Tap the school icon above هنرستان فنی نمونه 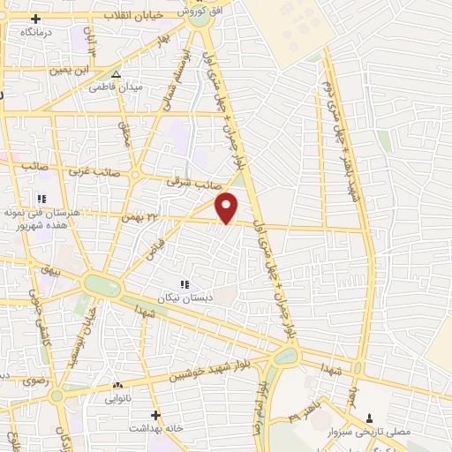pos(41,200)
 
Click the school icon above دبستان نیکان pos(185,284)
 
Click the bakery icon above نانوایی pos(117,385)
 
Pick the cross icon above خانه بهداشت pos(156,415)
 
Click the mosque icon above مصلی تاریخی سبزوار pos(369,416)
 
